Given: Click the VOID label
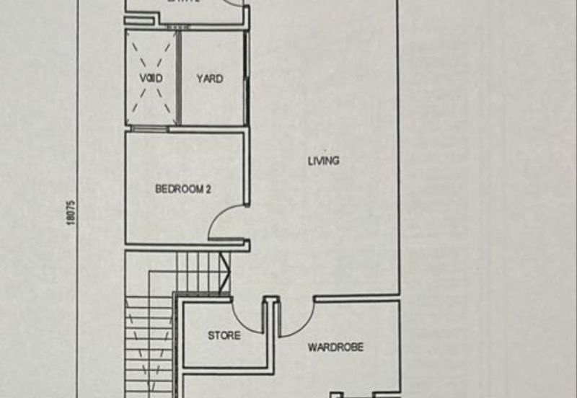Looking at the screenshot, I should pos(151,78).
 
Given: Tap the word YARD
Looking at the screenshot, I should pos(210,78).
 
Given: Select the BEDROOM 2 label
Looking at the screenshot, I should pos(183,190).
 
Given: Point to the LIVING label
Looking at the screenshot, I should pos(323,161).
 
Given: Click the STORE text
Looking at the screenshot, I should pos(224,335).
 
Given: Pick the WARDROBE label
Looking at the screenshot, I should pos(335,348).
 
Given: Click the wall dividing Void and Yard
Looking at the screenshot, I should pos(177,78).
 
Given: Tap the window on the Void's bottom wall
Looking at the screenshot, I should pos(149,129).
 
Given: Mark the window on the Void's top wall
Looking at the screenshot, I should pos(150,28).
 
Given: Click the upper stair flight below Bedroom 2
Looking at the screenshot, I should pos(198,272).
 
